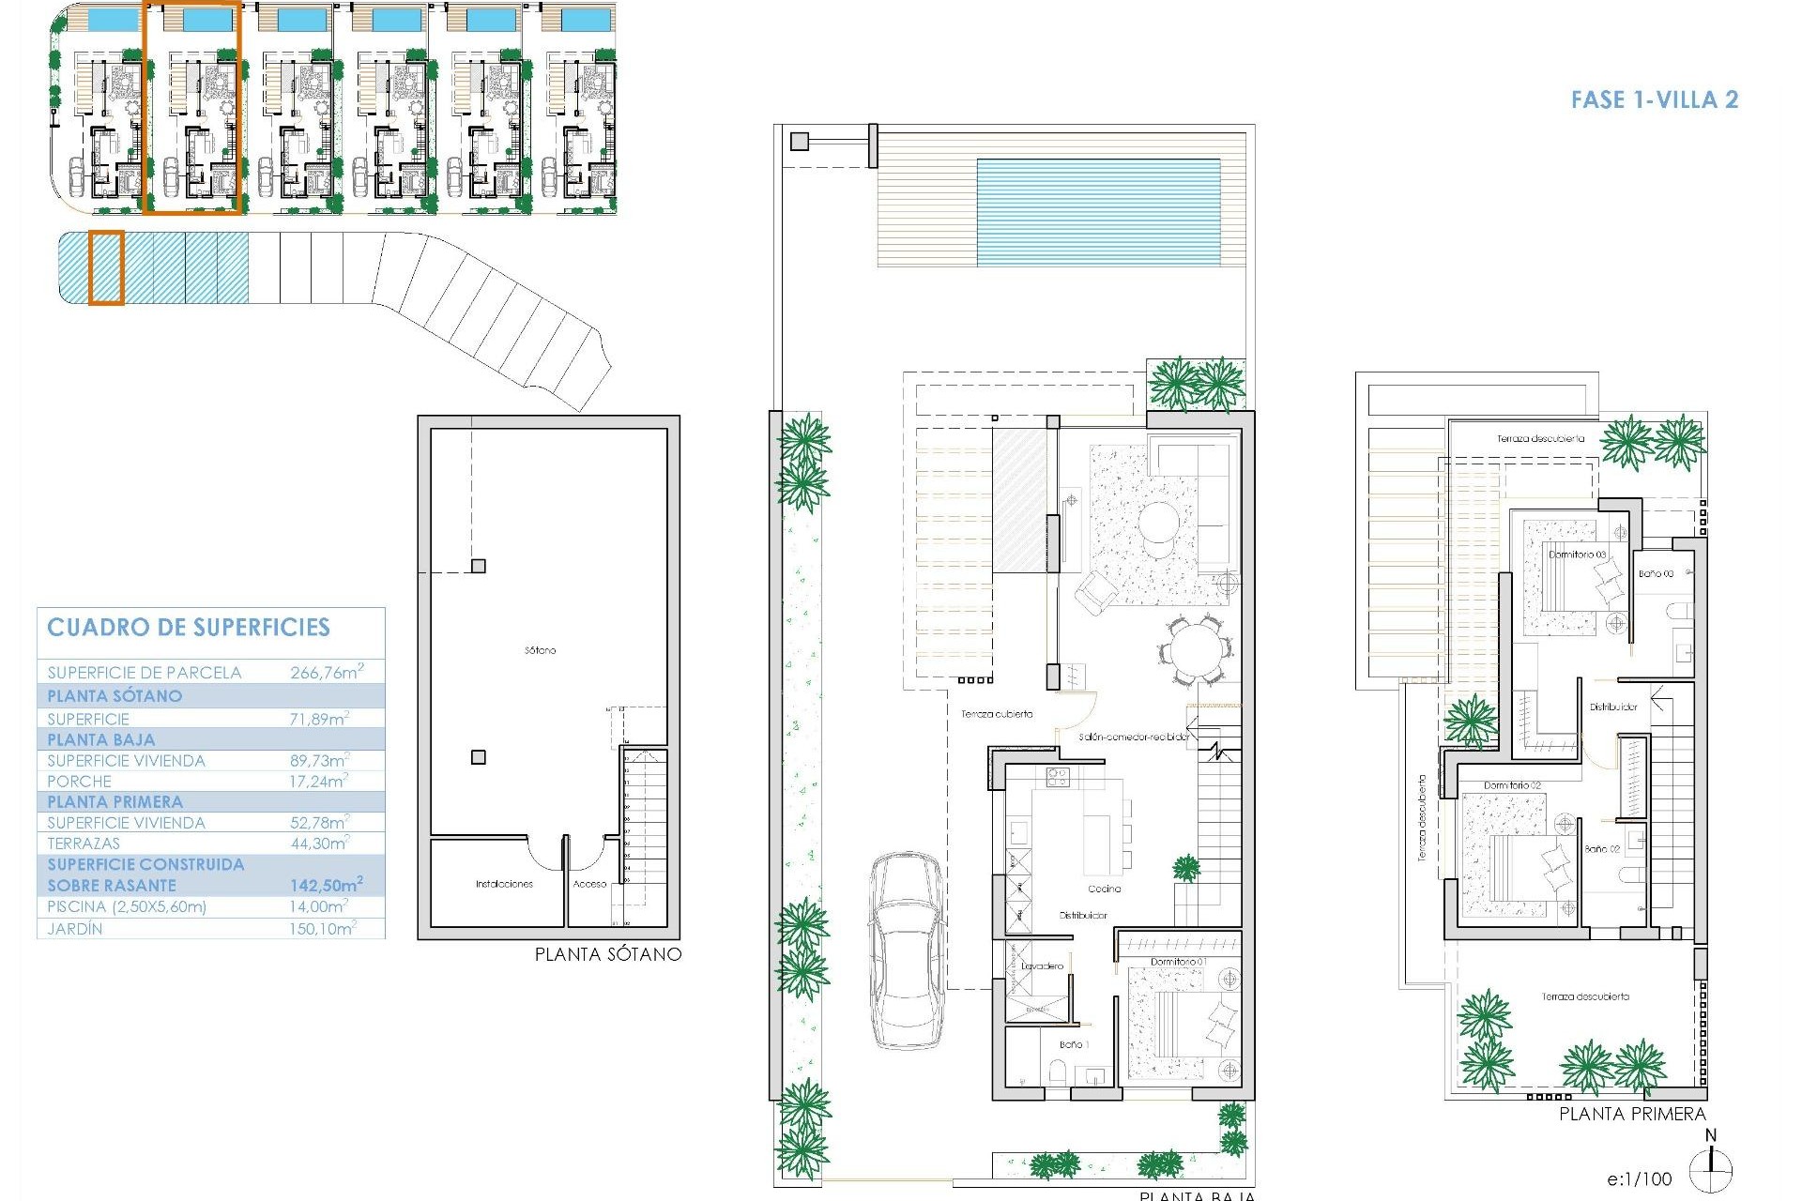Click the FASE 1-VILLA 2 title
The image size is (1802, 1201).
[1655, 100]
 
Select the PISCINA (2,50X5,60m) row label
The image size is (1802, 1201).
[127, 906]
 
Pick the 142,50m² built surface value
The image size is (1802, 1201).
[326, 885]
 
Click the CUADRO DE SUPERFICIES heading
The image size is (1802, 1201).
[189, 628]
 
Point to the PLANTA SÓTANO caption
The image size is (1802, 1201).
[607, 954]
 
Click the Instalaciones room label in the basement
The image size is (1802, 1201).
[504, 884]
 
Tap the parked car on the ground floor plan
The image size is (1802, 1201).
[907, 950]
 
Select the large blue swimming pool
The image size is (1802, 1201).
[1098, 212]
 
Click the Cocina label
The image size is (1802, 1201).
[1104, 889]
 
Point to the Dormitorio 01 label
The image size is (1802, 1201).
[1179, 962]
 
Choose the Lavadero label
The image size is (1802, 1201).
[1043, 965]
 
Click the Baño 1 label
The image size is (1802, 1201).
[1073, 1044]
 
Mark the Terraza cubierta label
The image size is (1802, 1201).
[997, 714]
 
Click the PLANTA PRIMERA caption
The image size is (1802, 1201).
[1632, 1114]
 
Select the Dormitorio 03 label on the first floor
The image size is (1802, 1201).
[1577, 555]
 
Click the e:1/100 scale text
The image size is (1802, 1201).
[1639, 1179]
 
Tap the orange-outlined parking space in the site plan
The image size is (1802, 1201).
[106, 267]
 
